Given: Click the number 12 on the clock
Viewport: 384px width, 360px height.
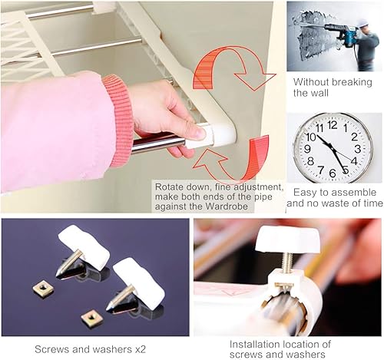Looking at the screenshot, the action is pyautogui.click(x=333, y=125).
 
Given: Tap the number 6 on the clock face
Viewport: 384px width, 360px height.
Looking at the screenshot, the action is pyautogui.click(x=333, y=173).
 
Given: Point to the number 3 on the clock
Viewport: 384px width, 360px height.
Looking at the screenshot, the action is pyautogui.click(x=357, y=149).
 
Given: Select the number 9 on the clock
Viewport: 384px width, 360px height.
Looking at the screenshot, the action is pyautogui.click(x=307, y=149).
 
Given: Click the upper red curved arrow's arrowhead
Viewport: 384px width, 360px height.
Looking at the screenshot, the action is pyautogui.click(x=254, y=81).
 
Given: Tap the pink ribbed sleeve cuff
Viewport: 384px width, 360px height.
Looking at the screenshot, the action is pyautogui.click(x=119, y=121).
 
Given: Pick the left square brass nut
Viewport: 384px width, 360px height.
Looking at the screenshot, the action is pyautogui.click(x=43, y=289).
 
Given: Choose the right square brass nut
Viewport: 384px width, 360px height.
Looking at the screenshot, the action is pyautogui.click(x=92, y=318).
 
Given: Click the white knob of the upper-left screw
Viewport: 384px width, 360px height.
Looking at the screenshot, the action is pyautogui.click(x=84, y=247).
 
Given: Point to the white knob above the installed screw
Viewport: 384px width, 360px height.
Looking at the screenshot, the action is pyautogui.click(x=287, y=239).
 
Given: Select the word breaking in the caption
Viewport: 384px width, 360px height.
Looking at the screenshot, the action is pyautogui.click(x=352, y=82).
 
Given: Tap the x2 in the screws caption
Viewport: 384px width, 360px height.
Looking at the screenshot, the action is pyautogui.click(x=140, y=349).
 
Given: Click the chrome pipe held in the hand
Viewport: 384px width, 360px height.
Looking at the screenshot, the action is pyautogui.click(x=157, y=144).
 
